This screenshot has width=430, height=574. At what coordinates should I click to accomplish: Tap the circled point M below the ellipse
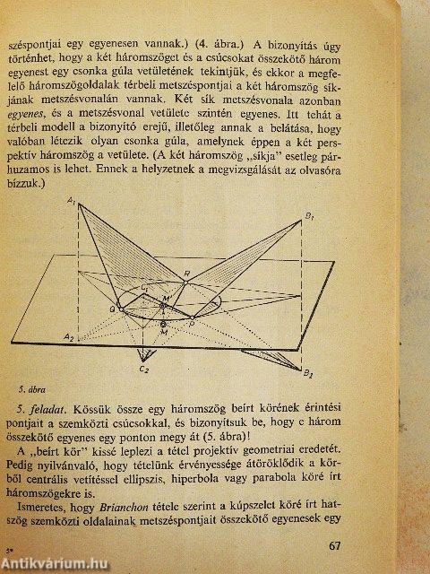pyautogui.click(x=163, y=324)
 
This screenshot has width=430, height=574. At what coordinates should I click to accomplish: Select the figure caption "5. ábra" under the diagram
pyautogui.click(x=34, y=388)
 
